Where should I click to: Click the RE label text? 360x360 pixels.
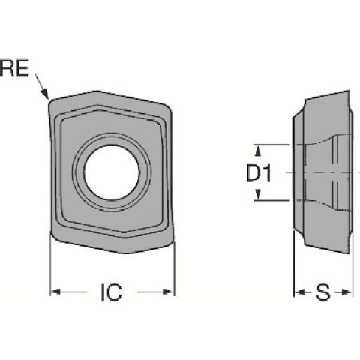[14, 68]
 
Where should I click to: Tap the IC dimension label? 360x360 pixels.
[111, 293]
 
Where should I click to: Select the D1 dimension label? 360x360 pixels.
[259, 174]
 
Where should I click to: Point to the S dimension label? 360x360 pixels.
[323, 293]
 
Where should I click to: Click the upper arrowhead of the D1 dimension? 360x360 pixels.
[259, 149]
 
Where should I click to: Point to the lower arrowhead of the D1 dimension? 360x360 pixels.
[259, 197]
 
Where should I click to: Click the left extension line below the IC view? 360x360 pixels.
[50, 270]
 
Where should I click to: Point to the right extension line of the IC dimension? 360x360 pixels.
[174, 270]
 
